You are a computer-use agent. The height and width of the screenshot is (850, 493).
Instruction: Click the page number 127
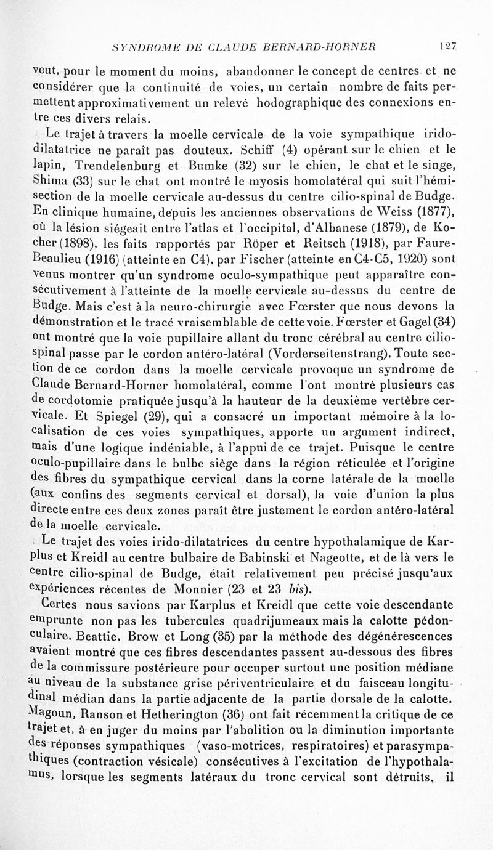(447, 46)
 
